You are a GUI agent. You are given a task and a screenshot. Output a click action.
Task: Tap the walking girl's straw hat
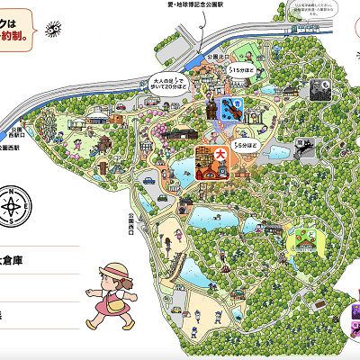pyautogui.click(x=116, y=269)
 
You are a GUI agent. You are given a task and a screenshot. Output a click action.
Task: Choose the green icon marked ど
pyautogui.click(x=303, y=238)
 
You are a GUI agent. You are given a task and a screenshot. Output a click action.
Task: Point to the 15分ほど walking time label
pyautogui.click(x=240, y=67)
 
